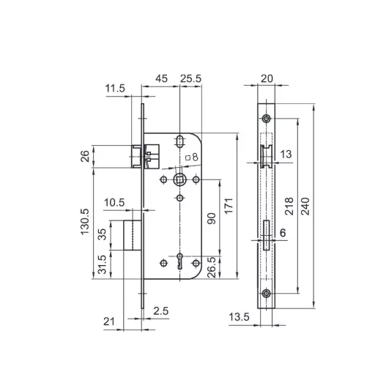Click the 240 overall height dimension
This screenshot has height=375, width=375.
305,207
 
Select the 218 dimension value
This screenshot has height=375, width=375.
289,207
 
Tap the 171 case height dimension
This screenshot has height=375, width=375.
229,206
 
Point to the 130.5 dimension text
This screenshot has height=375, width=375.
85,222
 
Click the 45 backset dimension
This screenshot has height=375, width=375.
161,78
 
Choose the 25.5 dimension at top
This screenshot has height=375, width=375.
190,78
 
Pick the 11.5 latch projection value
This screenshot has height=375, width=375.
115,88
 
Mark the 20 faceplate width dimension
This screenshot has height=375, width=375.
267,78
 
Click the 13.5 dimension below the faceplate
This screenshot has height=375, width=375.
239,317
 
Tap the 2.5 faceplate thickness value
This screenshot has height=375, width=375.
161,311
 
